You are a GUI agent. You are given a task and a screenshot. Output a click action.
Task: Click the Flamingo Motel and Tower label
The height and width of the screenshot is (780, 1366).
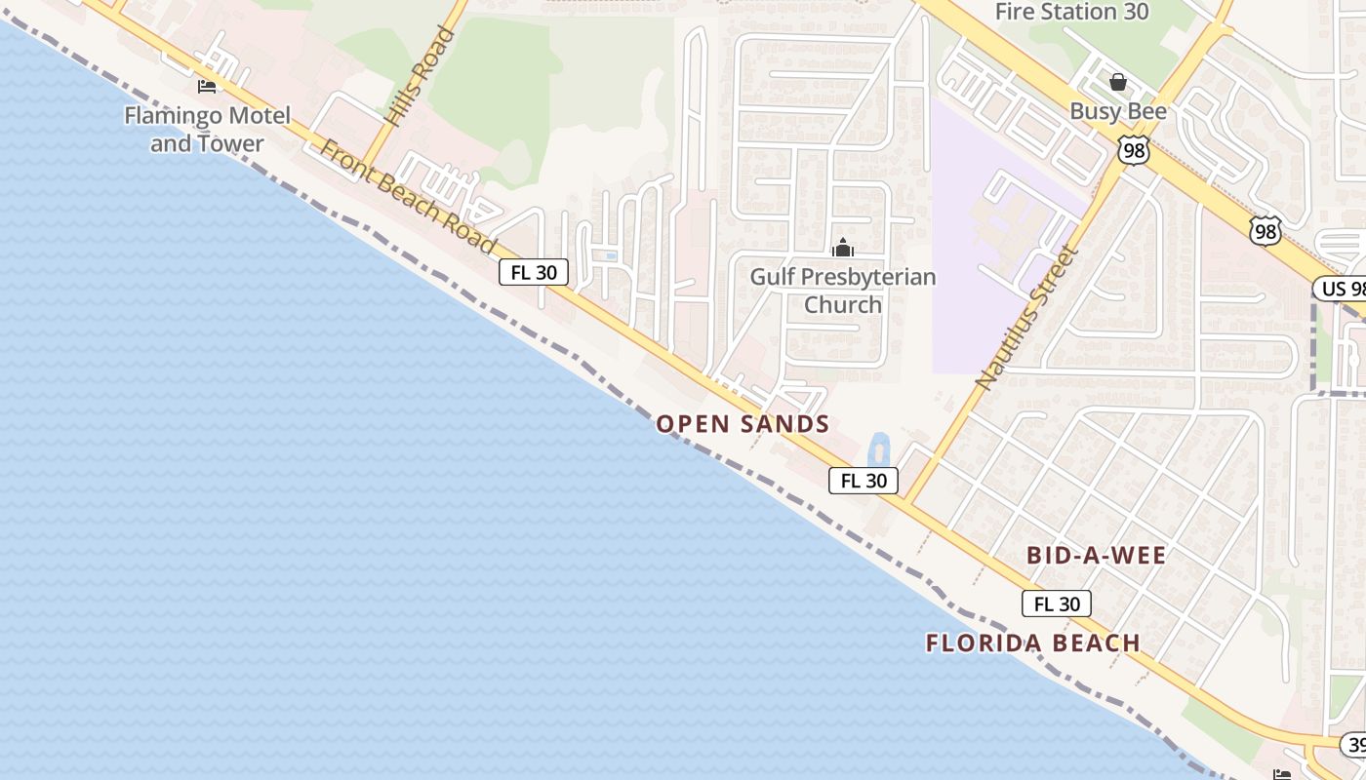click(x=207, y=130)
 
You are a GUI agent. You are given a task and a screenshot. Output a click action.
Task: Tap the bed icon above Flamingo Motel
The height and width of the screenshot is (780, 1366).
click(x=207, y=87)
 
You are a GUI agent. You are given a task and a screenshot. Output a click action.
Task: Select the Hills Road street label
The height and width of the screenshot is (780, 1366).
click(x=420, y=76)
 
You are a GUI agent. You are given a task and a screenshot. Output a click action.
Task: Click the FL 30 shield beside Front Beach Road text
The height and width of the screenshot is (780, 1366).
click(x=534, y=272)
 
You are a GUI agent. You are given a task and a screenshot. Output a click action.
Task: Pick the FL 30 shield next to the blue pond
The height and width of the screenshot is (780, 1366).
click(x=864, y=480)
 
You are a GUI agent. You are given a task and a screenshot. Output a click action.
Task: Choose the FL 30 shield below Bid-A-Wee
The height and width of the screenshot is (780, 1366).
click(x=1057, y=604)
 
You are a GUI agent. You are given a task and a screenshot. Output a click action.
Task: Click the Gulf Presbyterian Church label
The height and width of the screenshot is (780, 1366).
click(x=843, y=291)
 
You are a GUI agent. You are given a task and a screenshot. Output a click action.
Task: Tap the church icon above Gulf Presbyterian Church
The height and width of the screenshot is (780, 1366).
click(x=843, y=248)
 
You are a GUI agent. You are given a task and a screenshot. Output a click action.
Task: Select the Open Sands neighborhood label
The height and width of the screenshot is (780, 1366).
click(x=743, y=424)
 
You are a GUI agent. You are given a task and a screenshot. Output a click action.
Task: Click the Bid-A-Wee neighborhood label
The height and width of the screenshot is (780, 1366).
click(x=1096, y=556)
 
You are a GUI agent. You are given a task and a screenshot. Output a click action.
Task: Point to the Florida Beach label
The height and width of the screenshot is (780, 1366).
click(x=1033, y=643)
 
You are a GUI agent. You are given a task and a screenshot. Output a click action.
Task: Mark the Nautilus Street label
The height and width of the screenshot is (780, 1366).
click(x=1027, y=318)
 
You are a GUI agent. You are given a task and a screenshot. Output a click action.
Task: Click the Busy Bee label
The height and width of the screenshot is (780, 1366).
click(x=1118, y=111)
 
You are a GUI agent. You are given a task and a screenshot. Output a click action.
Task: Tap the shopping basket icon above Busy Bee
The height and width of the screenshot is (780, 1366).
click(x=1118, y=82)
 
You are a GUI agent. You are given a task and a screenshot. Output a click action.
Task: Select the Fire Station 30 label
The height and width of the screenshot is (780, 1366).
click(x=1072, y=13)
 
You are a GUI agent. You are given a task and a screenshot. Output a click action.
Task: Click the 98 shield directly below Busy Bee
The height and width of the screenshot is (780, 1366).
click(x=1135, y=150)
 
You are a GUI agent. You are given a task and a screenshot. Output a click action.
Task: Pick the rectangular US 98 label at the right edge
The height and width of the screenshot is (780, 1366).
click(x=1340, y=289)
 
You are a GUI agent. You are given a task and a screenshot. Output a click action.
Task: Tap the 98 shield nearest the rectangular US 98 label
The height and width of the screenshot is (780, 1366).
click(x=1266, y=232)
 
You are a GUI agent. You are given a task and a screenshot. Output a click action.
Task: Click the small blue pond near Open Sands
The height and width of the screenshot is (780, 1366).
click(x=878, y=450)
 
